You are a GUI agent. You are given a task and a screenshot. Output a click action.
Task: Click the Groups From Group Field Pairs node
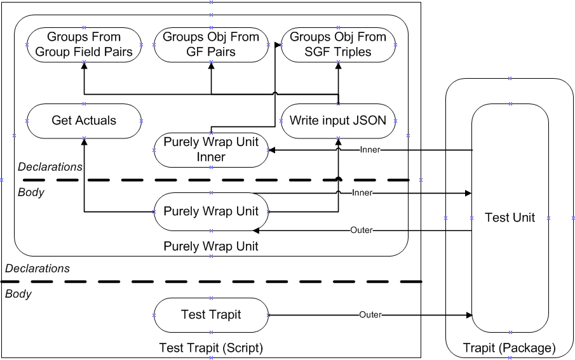(x=84, y=44)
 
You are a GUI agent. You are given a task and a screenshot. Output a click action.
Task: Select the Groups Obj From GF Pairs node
(x=211, y=44)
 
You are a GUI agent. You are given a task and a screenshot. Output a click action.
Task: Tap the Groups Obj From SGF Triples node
(x=338, y=44)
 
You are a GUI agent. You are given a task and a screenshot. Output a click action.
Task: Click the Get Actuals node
(x=84, y=120)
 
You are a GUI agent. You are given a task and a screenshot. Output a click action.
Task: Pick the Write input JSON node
(x=338, y=120)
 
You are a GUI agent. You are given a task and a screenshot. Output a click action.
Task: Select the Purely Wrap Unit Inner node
(x=211, y=149)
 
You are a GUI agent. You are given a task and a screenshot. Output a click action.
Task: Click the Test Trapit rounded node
(x=211, y=314)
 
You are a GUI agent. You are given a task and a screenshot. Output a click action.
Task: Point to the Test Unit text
(x=510, y=218)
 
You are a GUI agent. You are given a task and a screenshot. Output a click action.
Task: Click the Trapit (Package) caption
(x=510, y=348)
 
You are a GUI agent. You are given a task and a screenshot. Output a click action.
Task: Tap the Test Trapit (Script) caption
(x=211, y=348)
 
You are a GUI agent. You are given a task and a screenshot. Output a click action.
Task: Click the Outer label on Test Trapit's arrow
(x=370, y=314)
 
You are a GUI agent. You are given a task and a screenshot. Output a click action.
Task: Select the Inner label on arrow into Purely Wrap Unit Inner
(x=370, y=150)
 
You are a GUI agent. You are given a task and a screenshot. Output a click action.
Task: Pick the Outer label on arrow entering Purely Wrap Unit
(x=362, y=230)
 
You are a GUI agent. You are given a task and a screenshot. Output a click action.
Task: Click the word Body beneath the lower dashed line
(x=18, y=294)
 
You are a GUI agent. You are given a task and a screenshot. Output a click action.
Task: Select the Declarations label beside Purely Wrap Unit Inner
(x=50, y=167)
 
